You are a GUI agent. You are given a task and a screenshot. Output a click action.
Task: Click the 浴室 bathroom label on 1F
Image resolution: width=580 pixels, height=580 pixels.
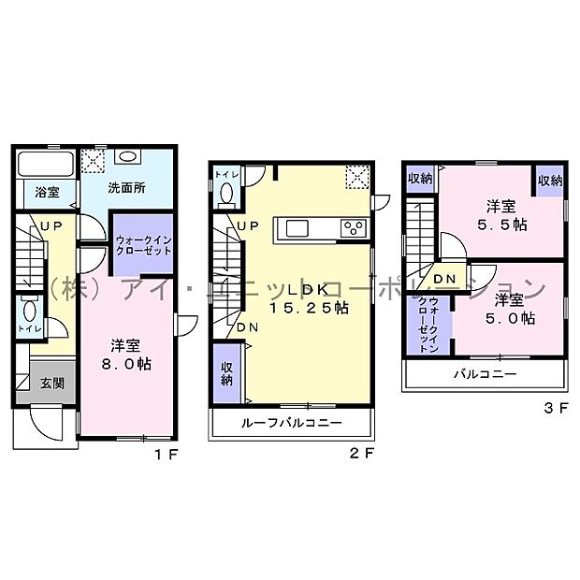pos(48,193)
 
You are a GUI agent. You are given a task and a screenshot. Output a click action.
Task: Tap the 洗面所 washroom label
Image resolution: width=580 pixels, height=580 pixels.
pos(127,187)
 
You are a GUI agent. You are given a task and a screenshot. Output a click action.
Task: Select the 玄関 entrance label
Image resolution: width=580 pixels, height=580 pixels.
pos(51,383)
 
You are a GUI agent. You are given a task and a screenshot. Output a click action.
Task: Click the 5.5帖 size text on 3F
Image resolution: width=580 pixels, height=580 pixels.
pos(501,225)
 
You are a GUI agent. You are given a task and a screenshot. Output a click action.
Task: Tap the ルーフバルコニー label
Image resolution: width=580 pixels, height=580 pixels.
pos(291,423)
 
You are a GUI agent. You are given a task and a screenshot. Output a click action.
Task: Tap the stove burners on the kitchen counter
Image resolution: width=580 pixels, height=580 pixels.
pos(353,227)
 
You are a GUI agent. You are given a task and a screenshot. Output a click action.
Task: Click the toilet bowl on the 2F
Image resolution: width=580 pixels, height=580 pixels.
pos(225,194)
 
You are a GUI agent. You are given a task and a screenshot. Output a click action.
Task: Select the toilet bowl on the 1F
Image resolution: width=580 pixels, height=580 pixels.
pos(30,312)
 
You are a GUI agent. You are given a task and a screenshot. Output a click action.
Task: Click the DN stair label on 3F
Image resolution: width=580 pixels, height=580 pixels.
pos(444,279)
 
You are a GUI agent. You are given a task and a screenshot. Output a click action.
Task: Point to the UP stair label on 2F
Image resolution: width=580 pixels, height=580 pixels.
pos(248,226)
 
